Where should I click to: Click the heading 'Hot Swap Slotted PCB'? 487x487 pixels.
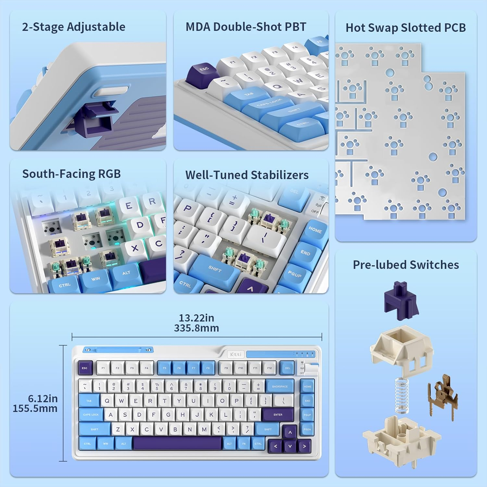coord(406,28)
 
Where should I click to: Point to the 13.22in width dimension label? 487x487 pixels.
coord(196,318)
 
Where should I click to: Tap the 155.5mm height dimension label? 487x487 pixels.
coord(35,408)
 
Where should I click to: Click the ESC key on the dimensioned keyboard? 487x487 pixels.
coord(85,368)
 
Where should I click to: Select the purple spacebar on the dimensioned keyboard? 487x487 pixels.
coord(178,443)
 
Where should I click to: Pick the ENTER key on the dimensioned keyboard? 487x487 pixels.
coord(278,415)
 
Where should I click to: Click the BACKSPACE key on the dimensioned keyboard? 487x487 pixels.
coord(280,386)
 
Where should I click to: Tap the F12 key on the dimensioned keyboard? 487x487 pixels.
coord(269,368)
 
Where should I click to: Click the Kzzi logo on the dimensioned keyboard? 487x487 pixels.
coord(236,354)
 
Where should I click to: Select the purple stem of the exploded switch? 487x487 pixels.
coord(401,301)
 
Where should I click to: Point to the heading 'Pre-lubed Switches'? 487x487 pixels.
coord(406,265)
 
